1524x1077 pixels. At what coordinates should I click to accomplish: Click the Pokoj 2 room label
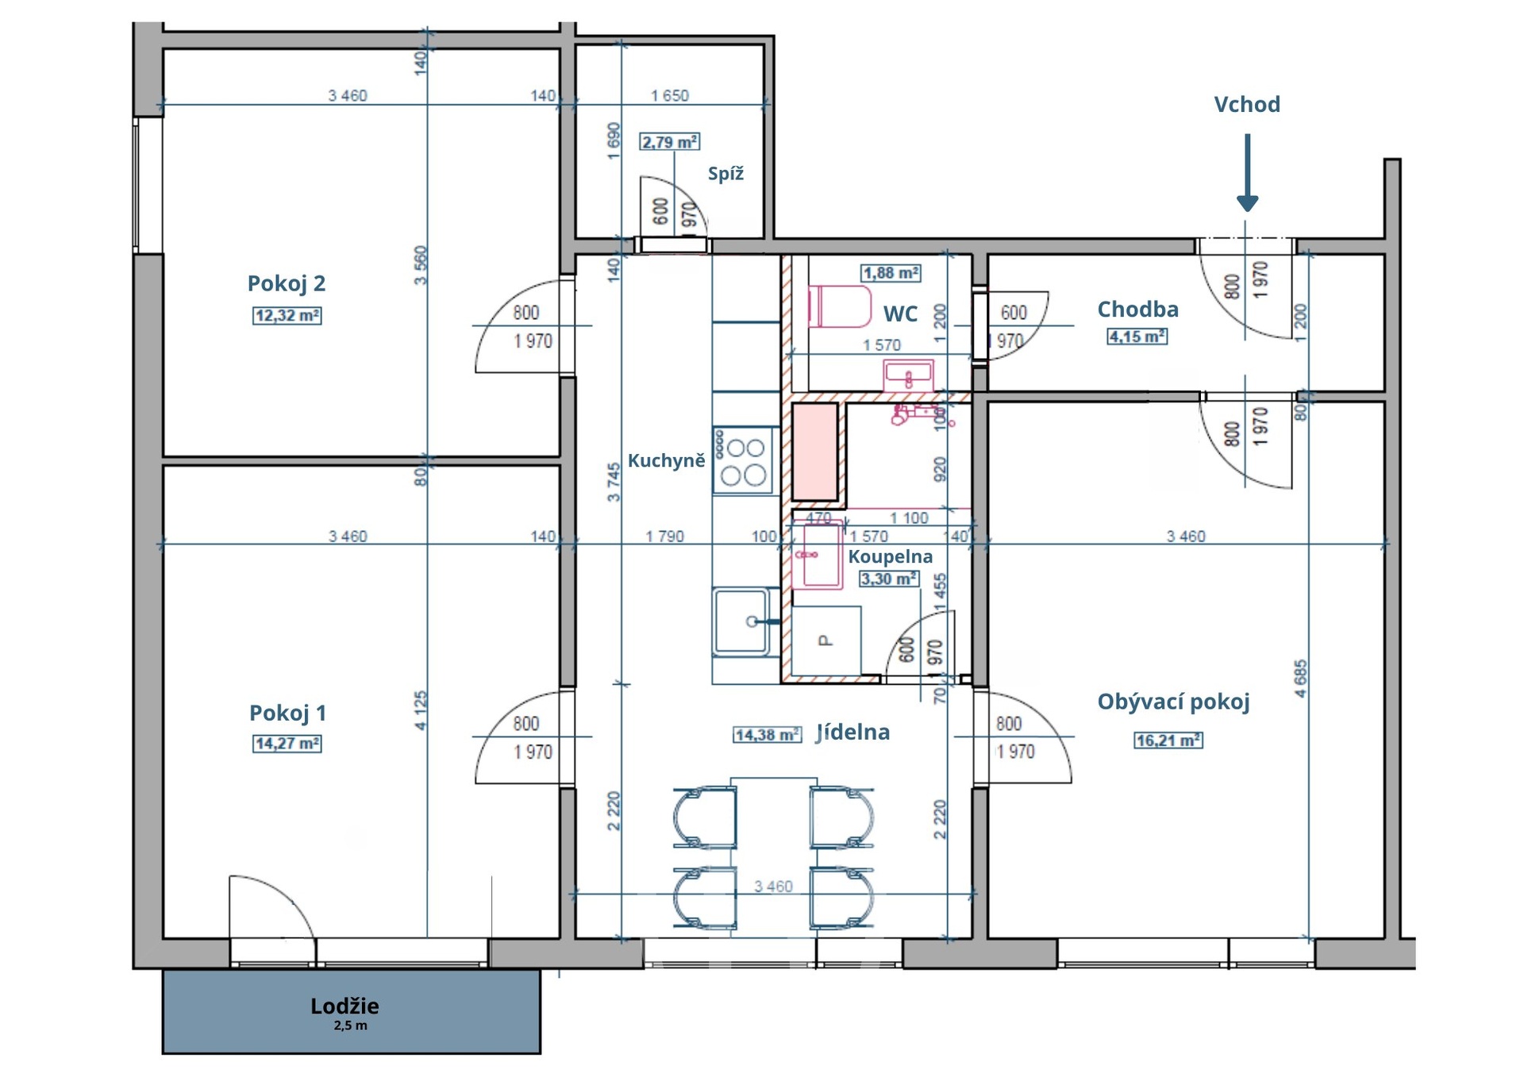(x=286, y=283)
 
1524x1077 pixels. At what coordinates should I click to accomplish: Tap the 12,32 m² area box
(x=287, y=315)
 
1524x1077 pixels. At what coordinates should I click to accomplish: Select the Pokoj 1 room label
(x=287, y=713)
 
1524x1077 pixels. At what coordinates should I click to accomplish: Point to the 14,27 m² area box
(x=287, y=744)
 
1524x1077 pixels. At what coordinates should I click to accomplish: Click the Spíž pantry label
(x=725, y=174)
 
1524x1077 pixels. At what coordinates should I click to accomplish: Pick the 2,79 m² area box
(x=670, y=142)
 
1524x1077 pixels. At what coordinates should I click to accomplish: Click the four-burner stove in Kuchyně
(x=743, y=461)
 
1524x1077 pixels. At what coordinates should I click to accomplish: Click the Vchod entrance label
(x=1247, y=104)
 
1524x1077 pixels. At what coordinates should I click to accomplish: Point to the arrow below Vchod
(x=1248, y=172)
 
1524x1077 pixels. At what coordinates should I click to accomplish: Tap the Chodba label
(x=1137, y=309)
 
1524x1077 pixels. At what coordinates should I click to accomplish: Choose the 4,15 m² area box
(x=1137, y=337)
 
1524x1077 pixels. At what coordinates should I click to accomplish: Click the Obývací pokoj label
(x=1173, y=702)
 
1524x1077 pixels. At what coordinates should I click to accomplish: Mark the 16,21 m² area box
(x=1168, y=740)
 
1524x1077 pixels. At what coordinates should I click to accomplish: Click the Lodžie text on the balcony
(x=344, y=1006)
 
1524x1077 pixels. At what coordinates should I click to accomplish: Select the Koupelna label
(x=891, y=556)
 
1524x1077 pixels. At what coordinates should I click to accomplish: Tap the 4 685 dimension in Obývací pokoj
(x=1300, y=679)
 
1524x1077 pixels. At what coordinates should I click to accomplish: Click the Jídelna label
(x=853, y=732)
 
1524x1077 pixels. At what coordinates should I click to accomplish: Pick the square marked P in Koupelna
(x=826, y=640)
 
